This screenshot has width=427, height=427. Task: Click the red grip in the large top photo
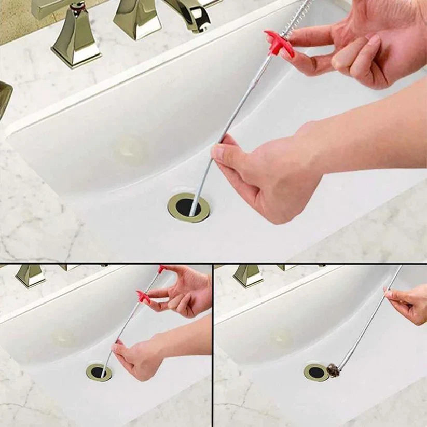(x=279, y=43)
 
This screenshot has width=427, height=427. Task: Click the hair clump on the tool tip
(x=333, y=370)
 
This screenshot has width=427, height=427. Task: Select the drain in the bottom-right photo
(x=315, y=373)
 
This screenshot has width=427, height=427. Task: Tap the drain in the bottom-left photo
(x=99, y=372)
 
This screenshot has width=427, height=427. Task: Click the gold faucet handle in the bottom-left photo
(x=30, y=275)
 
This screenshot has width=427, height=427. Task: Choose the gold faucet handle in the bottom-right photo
(x=248, y=275)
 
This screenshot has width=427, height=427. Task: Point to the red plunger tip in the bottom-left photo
(x=162, y=269)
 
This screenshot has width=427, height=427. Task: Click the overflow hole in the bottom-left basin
(x=63, y=338)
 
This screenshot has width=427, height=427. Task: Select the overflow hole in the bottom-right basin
(x=281, y=338)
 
